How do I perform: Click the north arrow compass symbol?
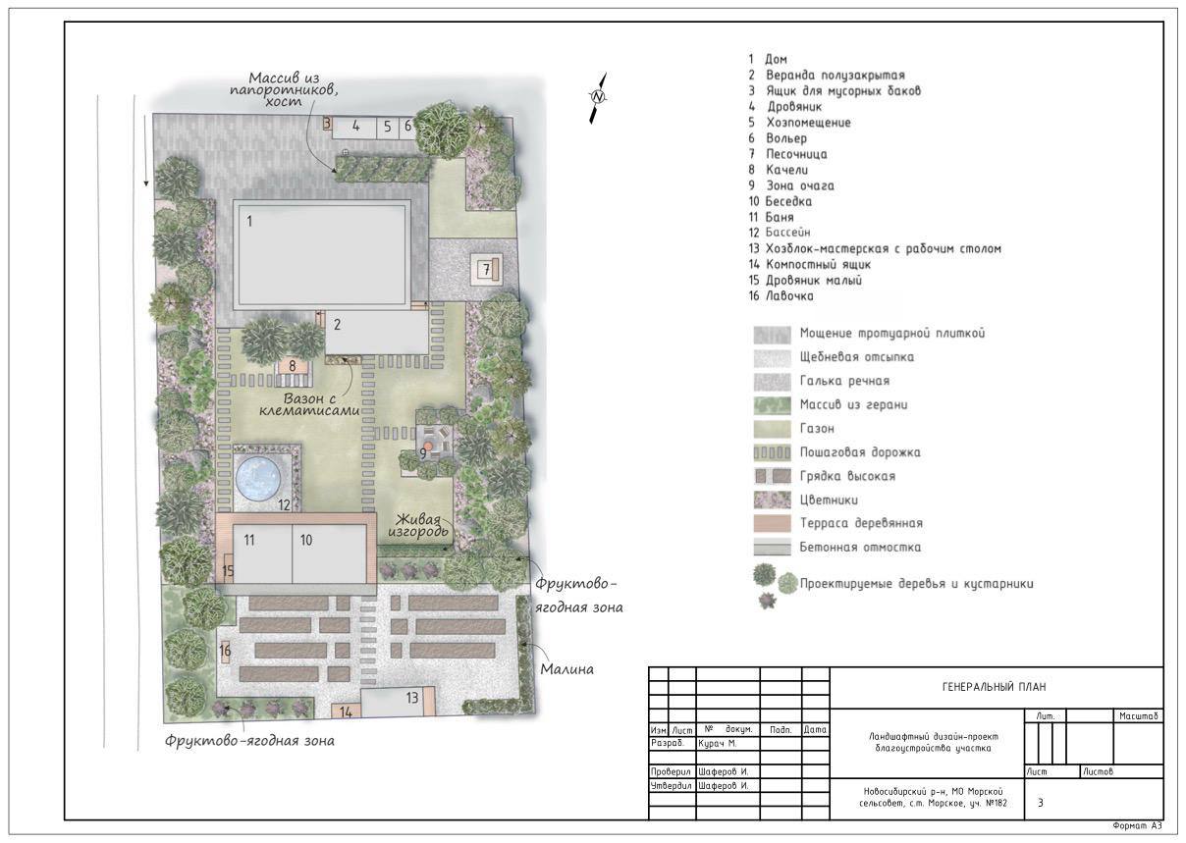[x=598, y=98]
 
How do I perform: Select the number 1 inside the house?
[x=249, y=221]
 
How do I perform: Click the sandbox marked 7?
[x=486, y=270]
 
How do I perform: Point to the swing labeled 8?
[x=293, y=365]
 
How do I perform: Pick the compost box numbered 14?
[x=346, y=711]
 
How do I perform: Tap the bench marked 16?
[x=225, y=650]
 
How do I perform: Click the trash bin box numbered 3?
[x=327, y=124]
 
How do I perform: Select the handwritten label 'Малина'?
[x=566, y=669]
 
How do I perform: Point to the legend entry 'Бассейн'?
[x=787, y=233]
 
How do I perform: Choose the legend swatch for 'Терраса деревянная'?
[x=772, y=523]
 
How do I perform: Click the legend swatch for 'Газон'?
[x=772, y=428]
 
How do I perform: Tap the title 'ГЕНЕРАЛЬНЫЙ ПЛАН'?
[x=995, y=687]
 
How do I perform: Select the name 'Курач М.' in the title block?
[x=718, y=744]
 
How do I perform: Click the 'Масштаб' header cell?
[x=1139, y=716]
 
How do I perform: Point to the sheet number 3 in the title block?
[x=1041, y=803]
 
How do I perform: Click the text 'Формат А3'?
[x=1137, y=826]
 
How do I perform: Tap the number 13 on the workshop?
[x=412, y=698]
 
